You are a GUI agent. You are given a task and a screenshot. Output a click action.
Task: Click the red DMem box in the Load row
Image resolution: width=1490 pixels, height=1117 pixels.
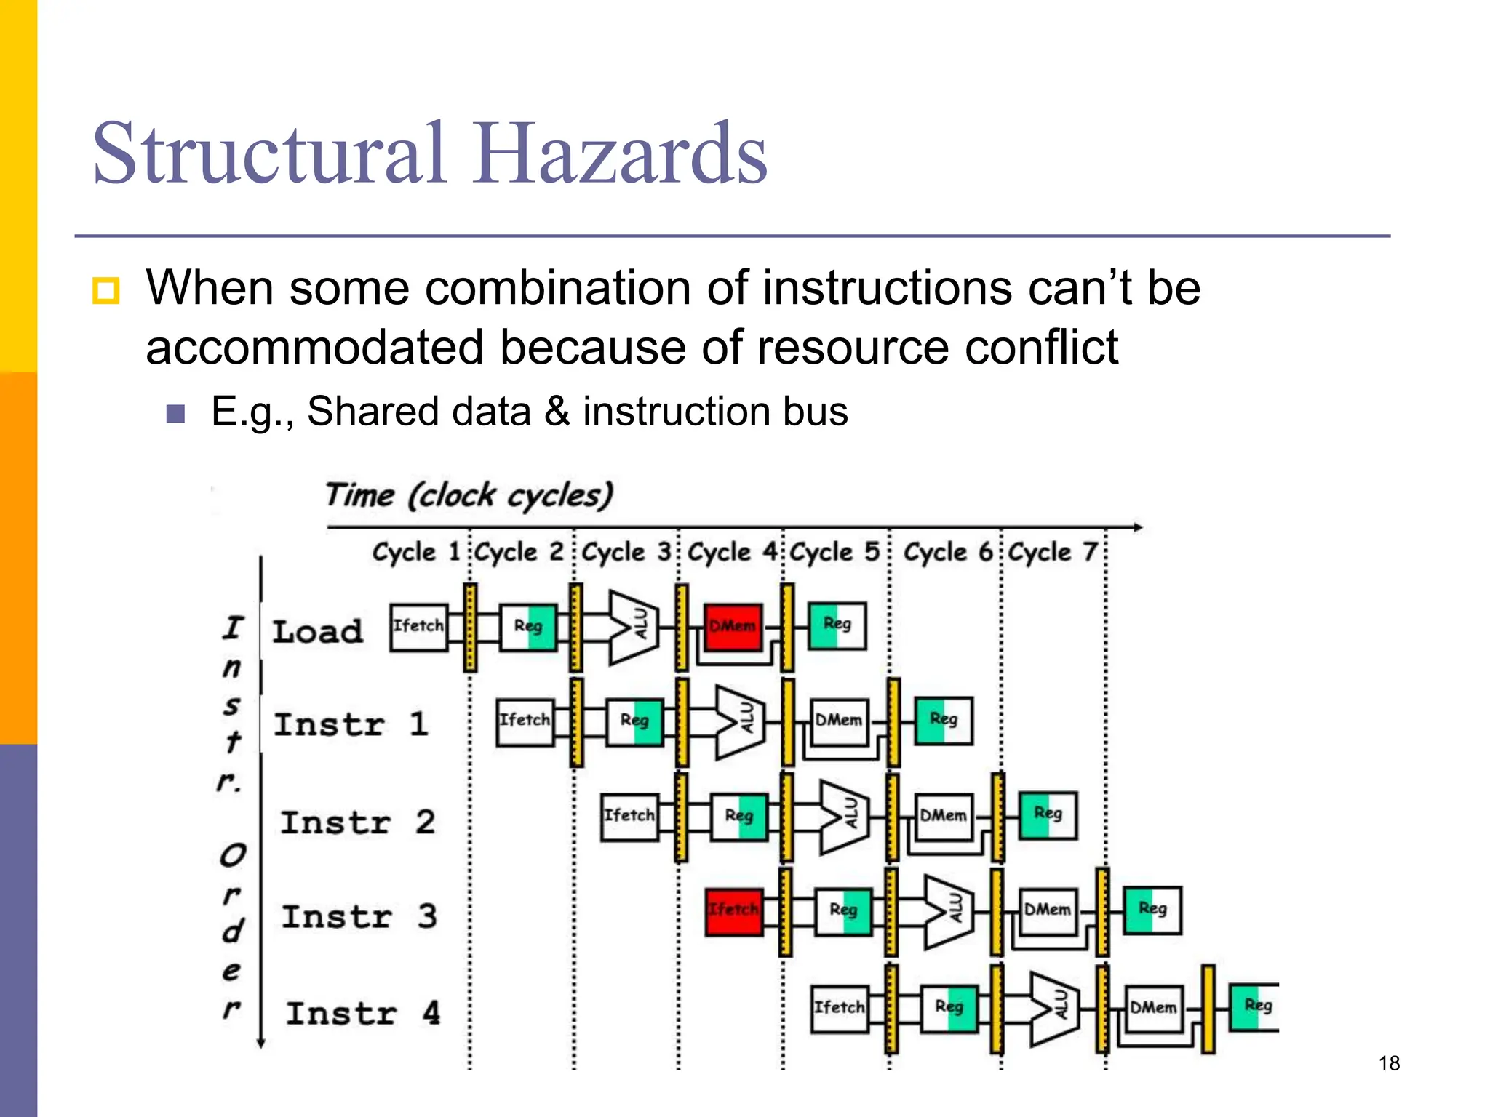pyautogui.click(x=733, y=626)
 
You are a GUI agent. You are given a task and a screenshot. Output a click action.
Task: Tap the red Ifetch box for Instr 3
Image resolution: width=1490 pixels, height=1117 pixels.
pyautogui.click(x=734, y=910)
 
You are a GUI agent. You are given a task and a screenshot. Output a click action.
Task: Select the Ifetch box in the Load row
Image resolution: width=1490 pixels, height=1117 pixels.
pyautogui.click(x=418, y=626)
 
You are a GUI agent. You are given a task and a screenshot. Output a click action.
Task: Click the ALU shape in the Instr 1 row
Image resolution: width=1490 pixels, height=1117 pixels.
pyautogui.click(x=740, y=722)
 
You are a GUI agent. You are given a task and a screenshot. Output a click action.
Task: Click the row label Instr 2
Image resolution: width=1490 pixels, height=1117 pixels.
pyautogui.click(x=358, y=822)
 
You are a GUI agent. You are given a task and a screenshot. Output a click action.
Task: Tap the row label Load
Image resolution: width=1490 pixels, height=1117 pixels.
pyautogui.click(x=318, y=631)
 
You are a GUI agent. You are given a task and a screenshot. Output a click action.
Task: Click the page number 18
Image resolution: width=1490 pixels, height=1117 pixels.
pyautogui.click(x=1389, y=1063)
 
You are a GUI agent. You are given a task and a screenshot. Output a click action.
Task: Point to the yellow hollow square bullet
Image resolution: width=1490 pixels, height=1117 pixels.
pyautogui.click(x=106, y=291)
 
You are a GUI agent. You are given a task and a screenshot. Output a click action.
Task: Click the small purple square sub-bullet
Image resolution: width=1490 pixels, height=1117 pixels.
pyautogui.click(x=175, y=414)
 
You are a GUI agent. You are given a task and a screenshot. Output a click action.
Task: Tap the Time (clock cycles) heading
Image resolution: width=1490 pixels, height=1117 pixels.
pyautogui.click(x=469, y=495)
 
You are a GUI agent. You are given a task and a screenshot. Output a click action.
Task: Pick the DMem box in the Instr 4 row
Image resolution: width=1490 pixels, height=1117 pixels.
pyautogui.click(x=1154, y=1008)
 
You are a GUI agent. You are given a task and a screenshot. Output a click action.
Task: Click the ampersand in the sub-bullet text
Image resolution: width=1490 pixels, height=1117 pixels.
pyautogui.click(x=557, y=412)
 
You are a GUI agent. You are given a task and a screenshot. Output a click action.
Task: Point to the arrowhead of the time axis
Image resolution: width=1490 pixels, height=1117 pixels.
pyautogui.click(x=1136, y=527)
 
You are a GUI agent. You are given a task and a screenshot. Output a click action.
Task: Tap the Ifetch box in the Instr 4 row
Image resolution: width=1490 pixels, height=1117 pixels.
pyautogui.click(x=840, y=1008)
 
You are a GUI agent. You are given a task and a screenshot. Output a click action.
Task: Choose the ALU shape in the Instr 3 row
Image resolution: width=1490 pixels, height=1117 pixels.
pyautogui.click(x=949, y=910)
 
